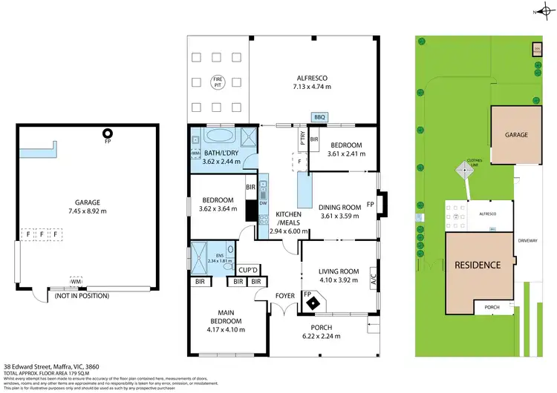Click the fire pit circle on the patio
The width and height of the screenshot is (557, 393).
click(218, 80)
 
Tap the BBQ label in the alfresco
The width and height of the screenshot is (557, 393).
click(320, 116)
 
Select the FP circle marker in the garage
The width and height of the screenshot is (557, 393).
click(107, 133)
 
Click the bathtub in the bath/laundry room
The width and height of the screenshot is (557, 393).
click(218, 137)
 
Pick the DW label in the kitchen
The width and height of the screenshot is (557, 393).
click(264, 202)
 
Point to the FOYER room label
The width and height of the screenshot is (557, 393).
click(285, 294)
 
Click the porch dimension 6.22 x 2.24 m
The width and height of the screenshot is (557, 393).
click(322, 337)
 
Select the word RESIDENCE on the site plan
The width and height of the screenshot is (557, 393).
click(478, 265)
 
